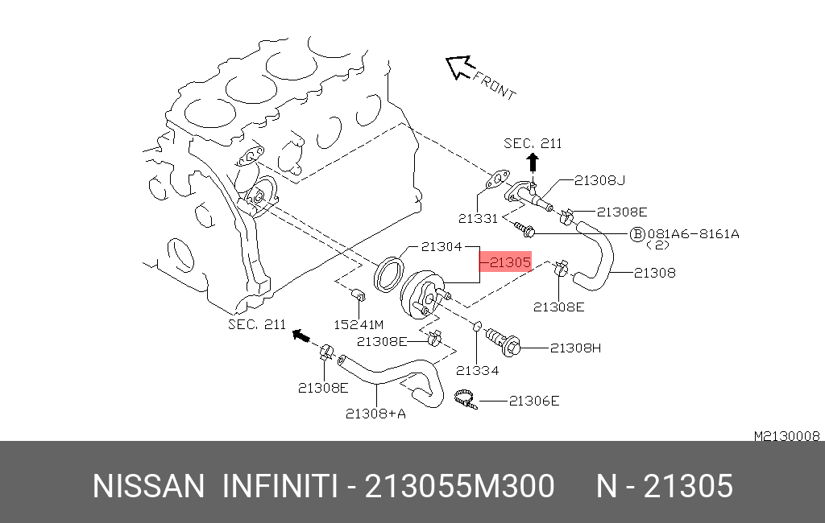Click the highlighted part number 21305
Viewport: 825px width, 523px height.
click(510, 261)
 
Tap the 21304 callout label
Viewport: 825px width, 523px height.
click(442, 246)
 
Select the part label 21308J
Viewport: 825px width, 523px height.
click(599, 180)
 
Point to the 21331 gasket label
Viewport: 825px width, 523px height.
click(478, 218)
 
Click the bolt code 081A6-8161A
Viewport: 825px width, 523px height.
click(694, 234)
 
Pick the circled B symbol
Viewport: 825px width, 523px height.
click(637, 234)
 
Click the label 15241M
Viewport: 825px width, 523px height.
click(359, 325)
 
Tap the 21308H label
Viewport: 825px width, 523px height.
click(575, 348)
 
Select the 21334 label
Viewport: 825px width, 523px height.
click(477, 371)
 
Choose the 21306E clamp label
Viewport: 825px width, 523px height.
click(534, 401)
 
